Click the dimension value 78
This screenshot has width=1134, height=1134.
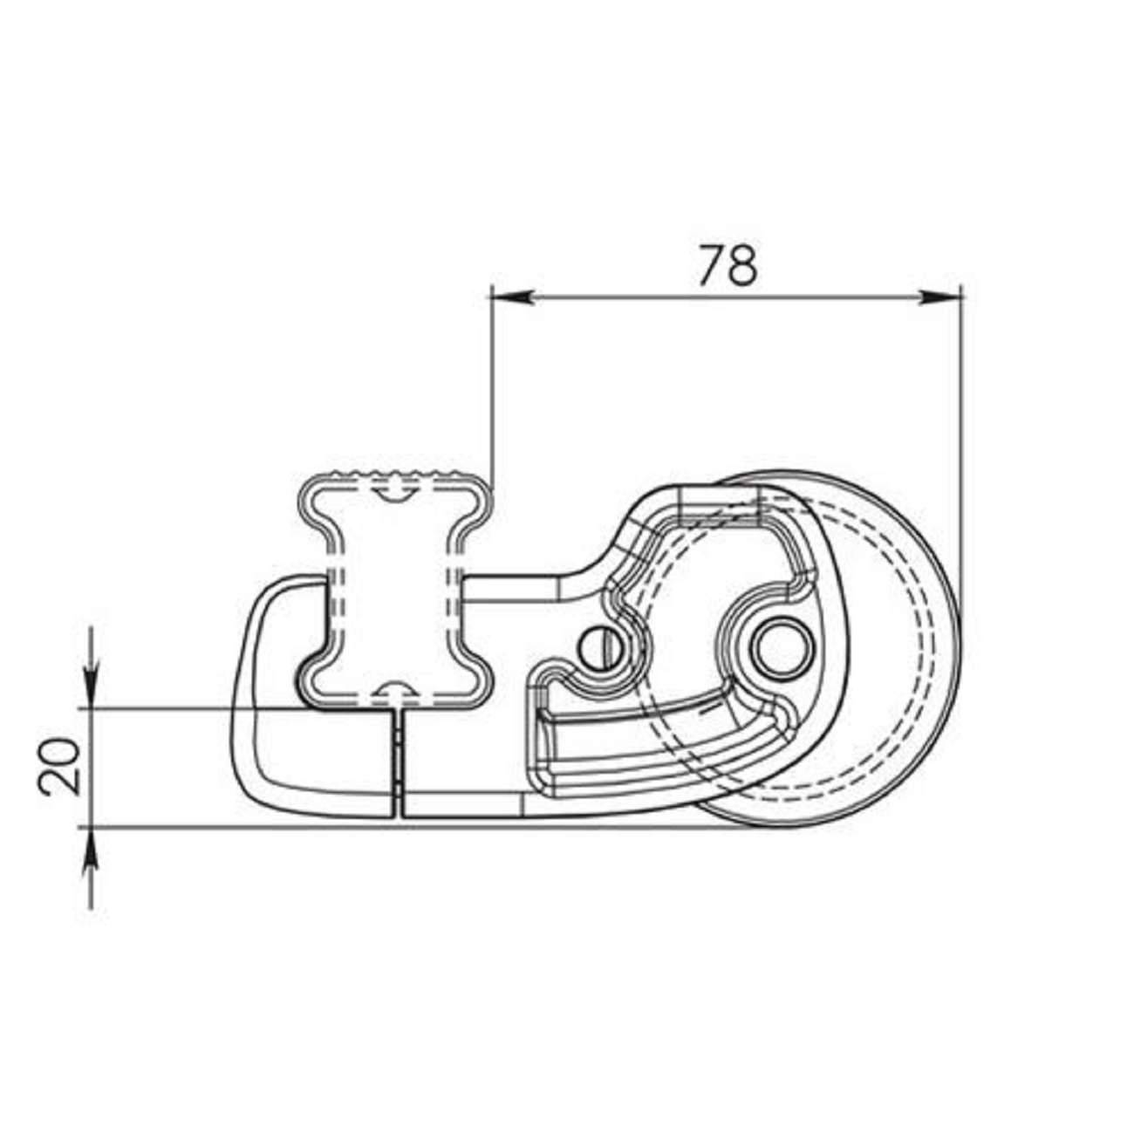(x=728, y=265)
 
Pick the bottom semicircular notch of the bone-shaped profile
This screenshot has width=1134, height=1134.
(x=395, y=691)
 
